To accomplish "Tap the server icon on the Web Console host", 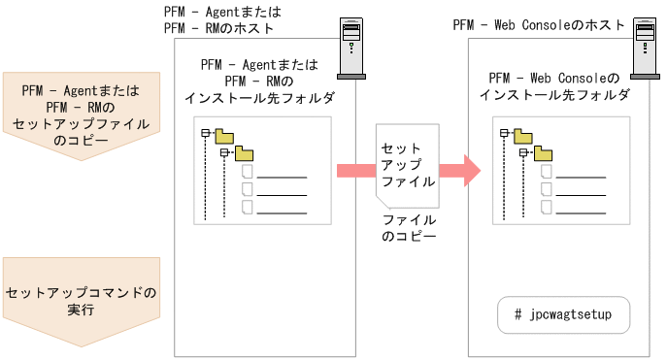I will coord(644,49).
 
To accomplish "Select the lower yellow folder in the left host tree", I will coord(244,152).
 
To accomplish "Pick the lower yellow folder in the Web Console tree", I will coord(539,152).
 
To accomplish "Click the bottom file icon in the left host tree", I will coord(248,208).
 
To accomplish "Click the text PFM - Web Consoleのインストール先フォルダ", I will coord(554,85).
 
